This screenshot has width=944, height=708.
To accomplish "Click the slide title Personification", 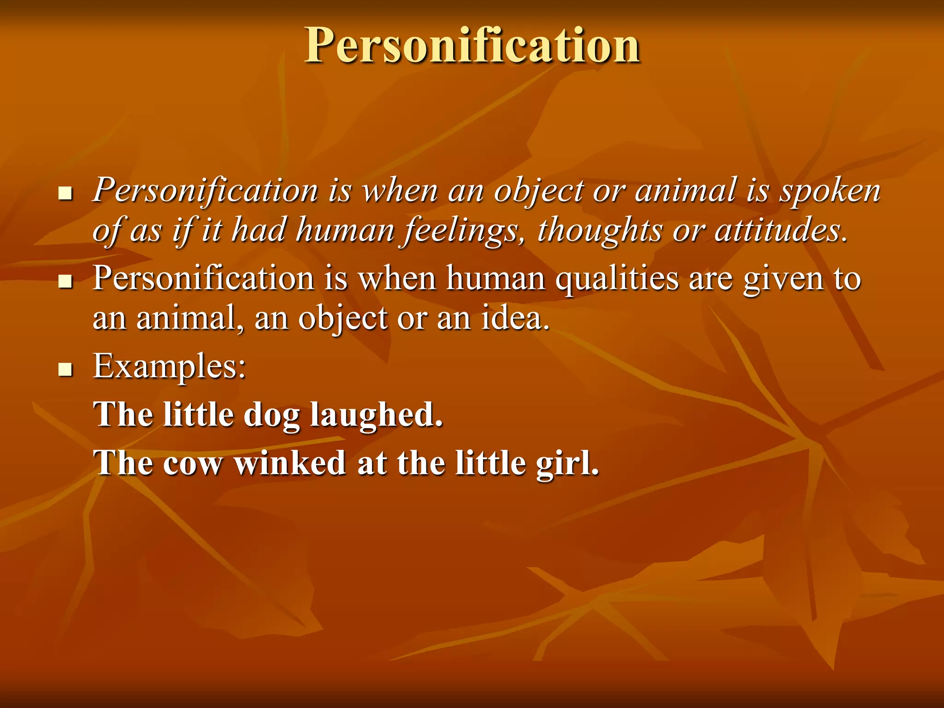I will (472, 45).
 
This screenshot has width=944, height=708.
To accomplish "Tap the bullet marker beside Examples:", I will (66, 369).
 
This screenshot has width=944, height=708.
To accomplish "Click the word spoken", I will (830, 191).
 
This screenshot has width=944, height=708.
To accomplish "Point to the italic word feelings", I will (464, 230).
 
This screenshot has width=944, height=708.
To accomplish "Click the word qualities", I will (617, 279).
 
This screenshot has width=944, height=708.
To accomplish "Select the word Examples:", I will (169, 366).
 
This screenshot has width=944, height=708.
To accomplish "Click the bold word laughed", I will (376, 415).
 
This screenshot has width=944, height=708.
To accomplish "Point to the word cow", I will (192, 463).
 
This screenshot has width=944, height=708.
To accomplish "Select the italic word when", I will (400, 191).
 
